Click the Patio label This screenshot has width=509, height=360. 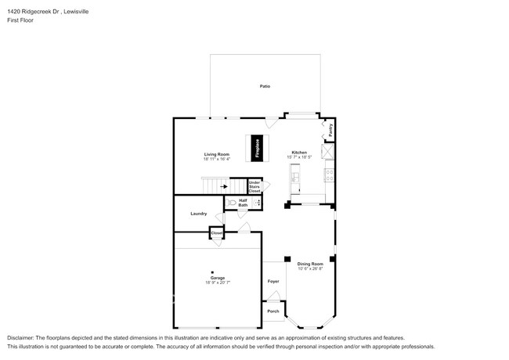pos(265,85)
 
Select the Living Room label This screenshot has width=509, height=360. pos(216,154)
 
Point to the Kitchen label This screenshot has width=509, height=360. pos(299,153)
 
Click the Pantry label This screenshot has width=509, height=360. pos(330,130)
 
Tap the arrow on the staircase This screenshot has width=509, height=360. pos(224,186)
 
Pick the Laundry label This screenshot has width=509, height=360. pos(198,214)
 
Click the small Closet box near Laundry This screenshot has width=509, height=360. pos(216,233)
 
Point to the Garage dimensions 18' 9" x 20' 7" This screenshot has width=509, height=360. pos(218,283)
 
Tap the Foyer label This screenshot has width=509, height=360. pos(273,281)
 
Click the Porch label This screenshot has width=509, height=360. pos(273,311)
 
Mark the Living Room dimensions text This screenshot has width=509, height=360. pos(216,159)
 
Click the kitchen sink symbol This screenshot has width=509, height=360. pos(296,178)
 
